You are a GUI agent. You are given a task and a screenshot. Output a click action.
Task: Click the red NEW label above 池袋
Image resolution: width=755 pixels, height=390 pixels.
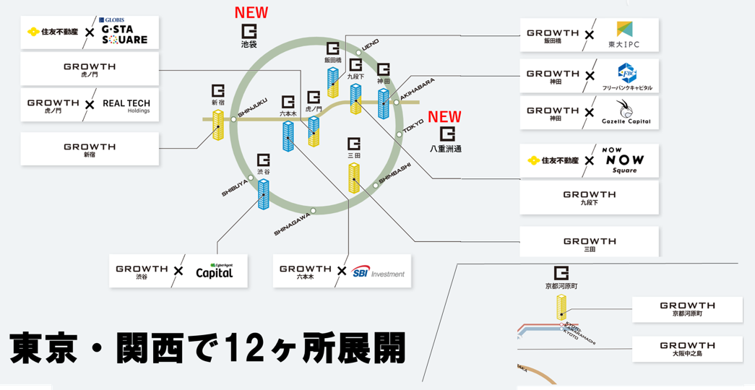[x=251, y=12]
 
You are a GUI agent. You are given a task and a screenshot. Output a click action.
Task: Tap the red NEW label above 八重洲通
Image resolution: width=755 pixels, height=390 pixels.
[x=444, y=117]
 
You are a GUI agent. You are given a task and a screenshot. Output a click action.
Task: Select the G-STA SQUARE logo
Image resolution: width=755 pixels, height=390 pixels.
[x=124, y=32]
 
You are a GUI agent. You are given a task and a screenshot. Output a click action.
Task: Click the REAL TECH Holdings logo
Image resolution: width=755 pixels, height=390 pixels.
[x=126, y=105]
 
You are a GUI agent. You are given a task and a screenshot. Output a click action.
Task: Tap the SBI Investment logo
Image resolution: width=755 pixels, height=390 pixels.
[x=379, y=272]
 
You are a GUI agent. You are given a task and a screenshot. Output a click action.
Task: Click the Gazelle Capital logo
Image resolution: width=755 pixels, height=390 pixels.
[x=626, y=113]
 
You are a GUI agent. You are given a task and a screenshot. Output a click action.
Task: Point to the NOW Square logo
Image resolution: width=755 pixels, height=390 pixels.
[x=625, y=160]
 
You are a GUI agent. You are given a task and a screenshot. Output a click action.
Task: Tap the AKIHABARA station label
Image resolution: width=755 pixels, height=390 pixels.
[x=418, y=92]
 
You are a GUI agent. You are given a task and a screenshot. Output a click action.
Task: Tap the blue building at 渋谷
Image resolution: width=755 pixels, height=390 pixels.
[x=264, y=194]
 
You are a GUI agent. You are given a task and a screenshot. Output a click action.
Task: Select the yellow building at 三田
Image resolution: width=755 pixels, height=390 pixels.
[x=353, y=177]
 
